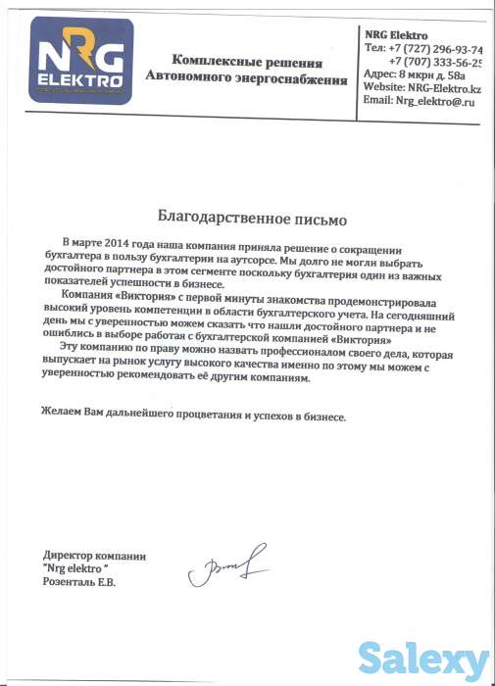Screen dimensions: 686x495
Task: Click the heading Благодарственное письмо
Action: (252, 214)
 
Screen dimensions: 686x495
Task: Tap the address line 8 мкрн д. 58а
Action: (428, 73)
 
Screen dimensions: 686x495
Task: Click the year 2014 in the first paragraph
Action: (126, 241)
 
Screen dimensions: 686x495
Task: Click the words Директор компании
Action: (94, 556)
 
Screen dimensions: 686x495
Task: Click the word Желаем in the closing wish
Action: (62, 417)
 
